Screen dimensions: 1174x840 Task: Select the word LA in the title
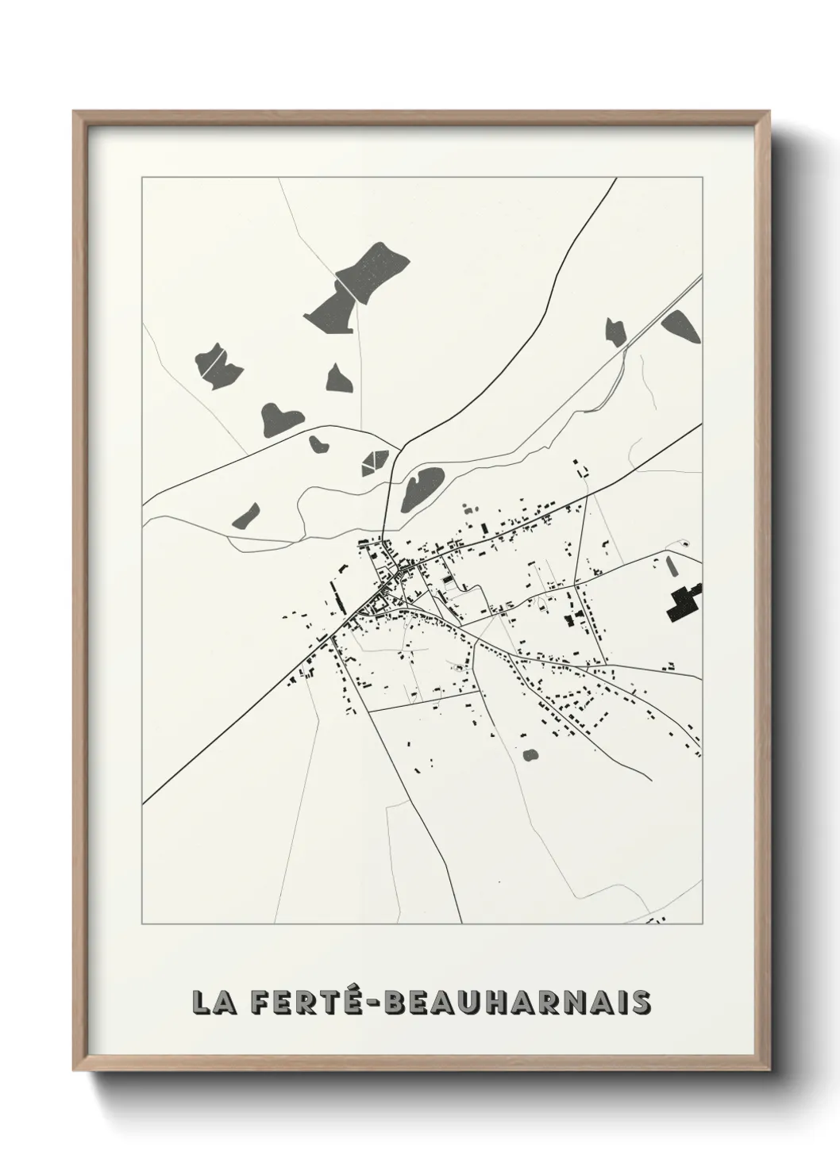tap(210, 1002)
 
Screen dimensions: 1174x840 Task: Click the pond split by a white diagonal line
tap(217, 366)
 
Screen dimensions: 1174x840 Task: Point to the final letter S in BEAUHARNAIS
tap(641, 1002)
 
